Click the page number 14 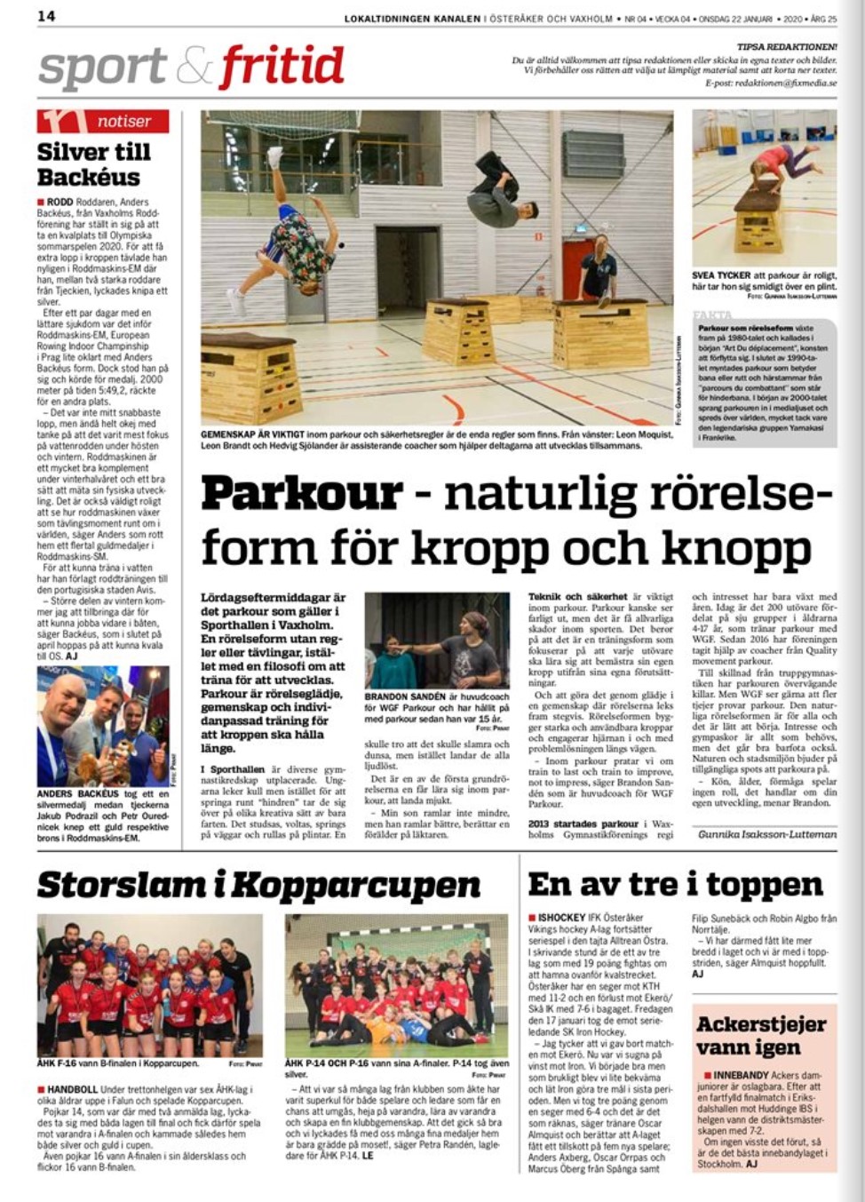tap(46, 16)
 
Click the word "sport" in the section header tap(102, 67)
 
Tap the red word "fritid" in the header tap(282, 67)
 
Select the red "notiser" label tap(124, 121)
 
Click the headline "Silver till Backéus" tap(93, 163)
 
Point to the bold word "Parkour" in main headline tap(302, 494)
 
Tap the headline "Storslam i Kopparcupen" tap(258, 885)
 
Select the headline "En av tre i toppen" tap(675, 885)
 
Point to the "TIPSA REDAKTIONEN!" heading tap(787, 46)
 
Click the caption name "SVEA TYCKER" tap(721, 276)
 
